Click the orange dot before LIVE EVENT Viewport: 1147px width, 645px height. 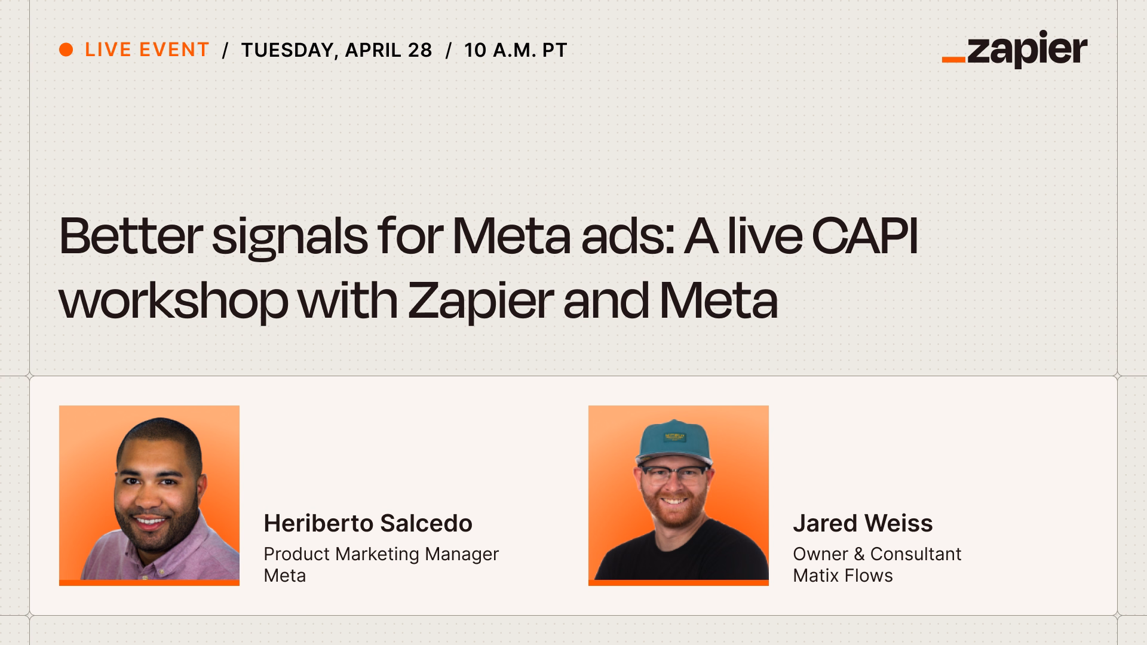[x=66, y=50]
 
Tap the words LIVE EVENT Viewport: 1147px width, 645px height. [x=147, y=50]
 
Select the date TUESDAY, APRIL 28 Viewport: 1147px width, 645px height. [x=336, y=50]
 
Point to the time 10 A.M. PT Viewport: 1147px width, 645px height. [x=515, y=50]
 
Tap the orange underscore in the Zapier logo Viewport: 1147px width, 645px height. [x=953, y=60]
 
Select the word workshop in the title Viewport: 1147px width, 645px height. [x=173, y=300]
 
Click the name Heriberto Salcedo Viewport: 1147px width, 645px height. [x=368, y=523]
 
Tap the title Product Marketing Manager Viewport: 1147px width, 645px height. [x=381, y=554]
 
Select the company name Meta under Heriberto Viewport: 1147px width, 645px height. [x=284, y=576]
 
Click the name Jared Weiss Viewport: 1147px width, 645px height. [x=863, y=523]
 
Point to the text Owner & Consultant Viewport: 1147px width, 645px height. [x=877, y=554]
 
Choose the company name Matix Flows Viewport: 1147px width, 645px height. [x=842, y=576]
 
